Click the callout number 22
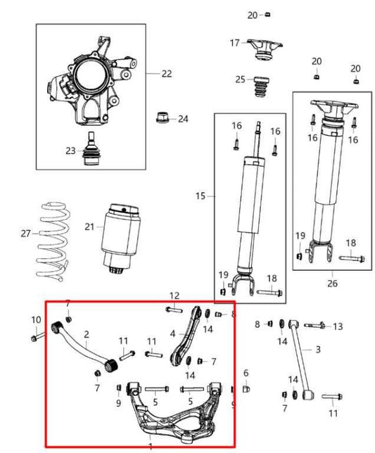tap(166, 73)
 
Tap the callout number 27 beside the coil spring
tap(26, 232)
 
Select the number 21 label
tap(89, 226)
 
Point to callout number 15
tap(200, 196)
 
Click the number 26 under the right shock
tap(332, 283)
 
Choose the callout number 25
tap(240, 79)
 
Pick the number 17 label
tap(235, 43)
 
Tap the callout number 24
tap(183, 119)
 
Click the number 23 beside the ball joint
tap(70, 151)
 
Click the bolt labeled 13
tap(316, 325)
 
